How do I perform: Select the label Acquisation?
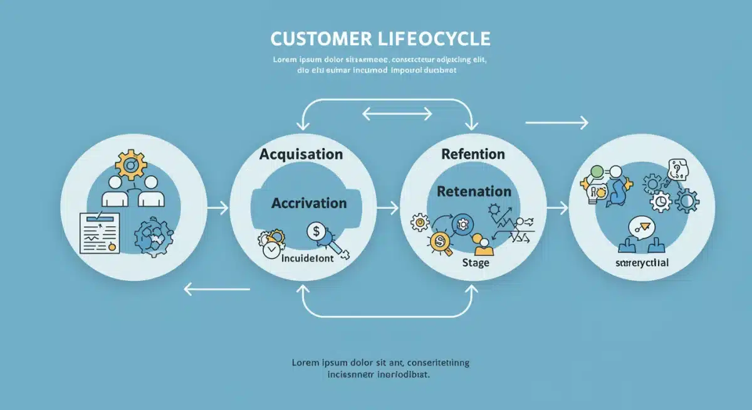[x=301, y=154]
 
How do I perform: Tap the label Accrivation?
[x=309, y=203]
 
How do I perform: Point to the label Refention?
[x=473, y=154]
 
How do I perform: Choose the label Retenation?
[x=474, y=191]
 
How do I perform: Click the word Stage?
[x=475, y=263]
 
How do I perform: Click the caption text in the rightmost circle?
[x=642, y=262]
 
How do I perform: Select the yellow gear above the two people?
[x=131, y=164]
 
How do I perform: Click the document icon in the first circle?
[x=99, y=232]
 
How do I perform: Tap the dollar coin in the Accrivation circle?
[x=316, y=232]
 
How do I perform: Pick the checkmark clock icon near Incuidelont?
[x=271, y=248]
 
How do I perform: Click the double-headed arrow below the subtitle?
[x=397, y=113]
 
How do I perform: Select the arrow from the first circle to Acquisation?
[x=217, y=207]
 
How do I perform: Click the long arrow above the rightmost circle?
[x=556, y=123]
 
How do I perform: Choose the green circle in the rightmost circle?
[x=596, y=171]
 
